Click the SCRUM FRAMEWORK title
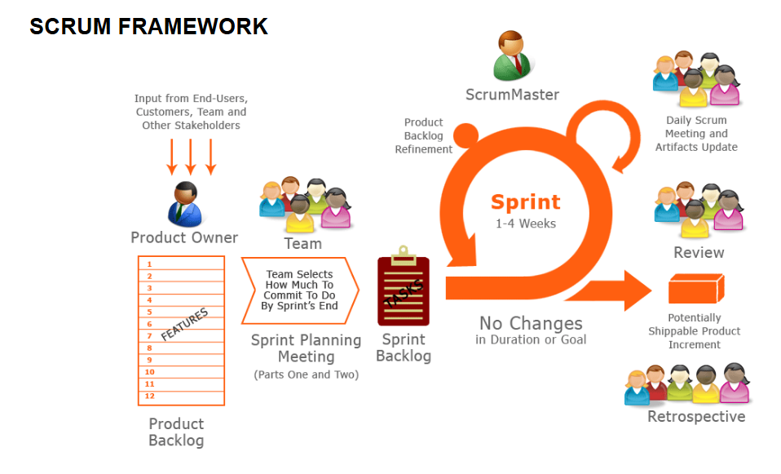(148, 27)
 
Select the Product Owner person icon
(185, 203)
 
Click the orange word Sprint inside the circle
(525, 202)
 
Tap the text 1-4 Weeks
(525, 223)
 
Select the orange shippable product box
(695, 290)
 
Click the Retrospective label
(695, 417)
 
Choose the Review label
(699, 253)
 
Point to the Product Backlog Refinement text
(423, 135)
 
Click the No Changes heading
(531, 323)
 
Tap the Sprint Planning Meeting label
(306, 348)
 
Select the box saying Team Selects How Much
(299, 290)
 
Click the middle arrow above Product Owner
(191, 156)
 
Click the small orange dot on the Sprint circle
(466, 135)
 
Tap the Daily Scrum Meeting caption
(696, 134)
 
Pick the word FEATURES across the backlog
(184, 324)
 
